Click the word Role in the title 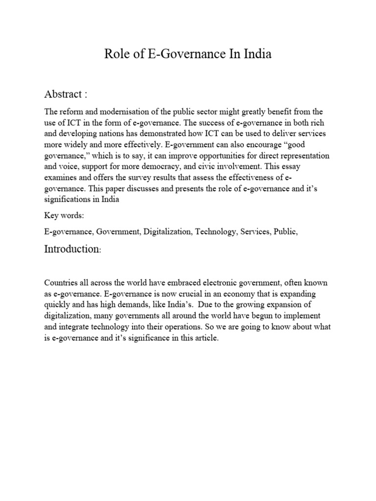(116, 54)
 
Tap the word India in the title (256, 54)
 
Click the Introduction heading (72, 249)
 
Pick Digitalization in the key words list (167, 232)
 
